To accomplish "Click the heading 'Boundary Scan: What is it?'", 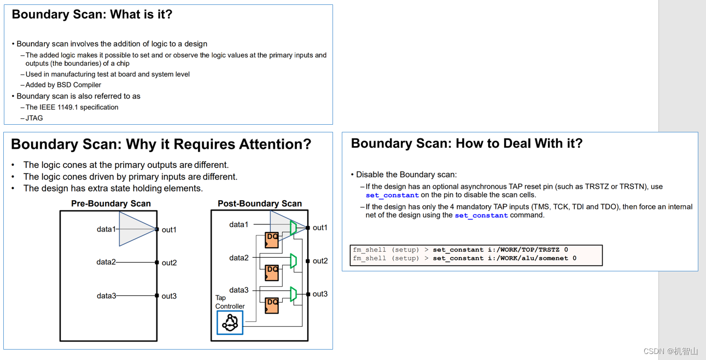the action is pyautogui.click(x=92, y=15).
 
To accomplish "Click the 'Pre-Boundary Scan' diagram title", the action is pyautogui.click(x=111, y=204).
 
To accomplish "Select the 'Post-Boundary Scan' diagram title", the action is pyautogui.click(x=260, y=204).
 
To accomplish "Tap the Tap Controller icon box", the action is pyautogui.click(x=230, y=322).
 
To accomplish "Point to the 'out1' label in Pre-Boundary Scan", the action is pyautogui.click(x=169, y=230).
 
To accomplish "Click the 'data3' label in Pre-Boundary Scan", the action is pyautogui.click(x=106, y=296).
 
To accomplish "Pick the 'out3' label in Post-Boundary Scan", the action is pyautogui.click(x=320, y=294).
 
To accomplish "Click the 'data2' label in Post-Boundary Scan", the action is pyautogui.click(x=239, y=258).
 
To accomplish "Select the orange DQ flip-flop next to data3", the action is pyautogui.click(x=272, y=305).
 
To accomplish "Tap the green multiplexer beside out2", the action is pyautogui.click(x=294, y=261).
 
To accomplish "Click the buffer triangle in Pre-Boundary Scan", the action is pyautogui.click(x=136, y=229).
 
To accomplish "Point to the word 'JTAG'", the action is pyautogui.click(x=34, y=118).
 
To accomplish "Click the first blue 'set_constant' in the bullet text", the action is pyautogui.click(x=392, y=195).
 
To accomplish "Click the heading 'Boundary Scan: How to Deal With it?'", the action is pyautogui.click(x=466, y=143).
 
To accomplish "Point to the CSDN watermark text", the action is pyautogui.click(x=670, y=351).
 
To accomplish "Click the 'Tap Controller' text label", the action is pyautogui.click(x=230, y=303).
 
